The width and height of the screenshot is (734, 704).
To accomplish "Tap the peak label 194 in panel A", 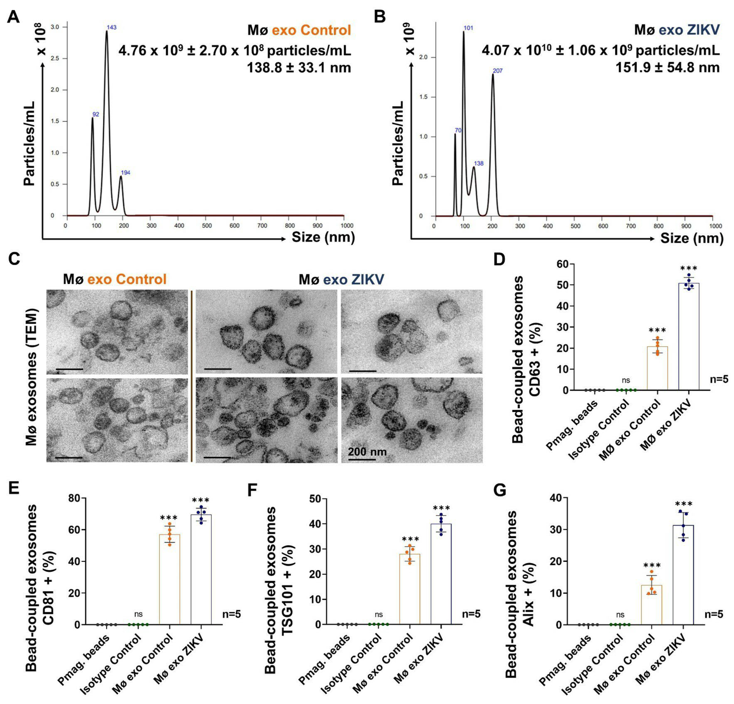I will click(x=126, y=173).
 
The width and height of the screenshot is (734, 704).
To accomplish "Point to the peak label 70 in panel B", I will click(x=458, y=130).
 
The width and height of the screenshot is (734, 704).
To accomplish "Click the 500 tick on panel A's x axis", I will click(x=207, y=226).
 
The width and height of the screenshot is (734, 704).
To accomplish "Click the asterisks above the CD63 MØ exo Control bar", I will click(x=657, y=330).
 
